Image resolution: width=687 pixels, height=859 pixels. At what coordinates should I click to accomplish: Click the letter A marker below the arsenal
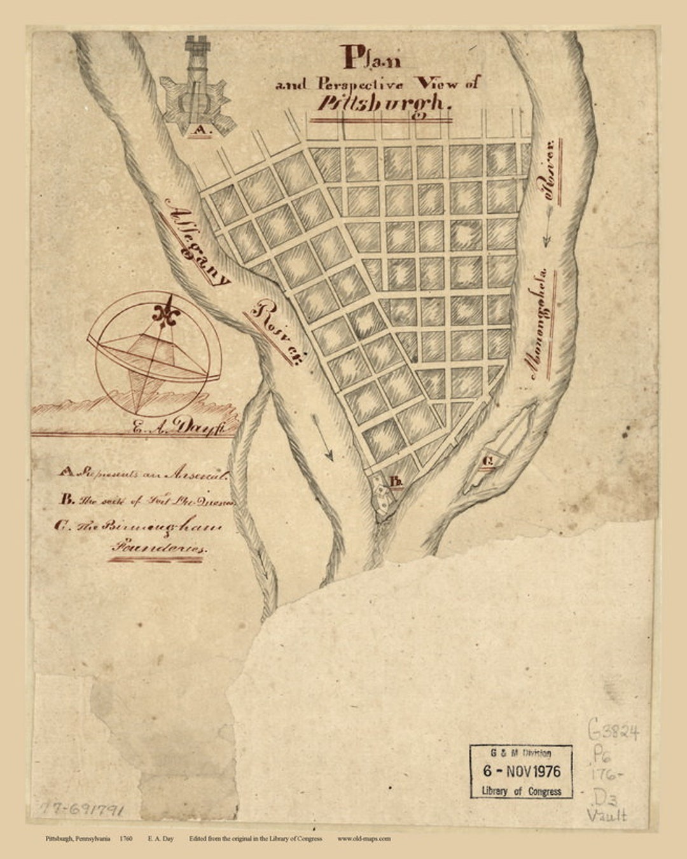click(201, 131)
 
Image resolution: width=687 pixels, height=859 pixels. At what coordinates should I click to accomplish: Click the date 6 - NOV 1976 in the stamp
click(521, 771)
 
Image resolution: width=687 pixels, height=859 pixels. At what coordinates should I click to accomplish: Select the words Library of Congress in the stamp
click(522, 791)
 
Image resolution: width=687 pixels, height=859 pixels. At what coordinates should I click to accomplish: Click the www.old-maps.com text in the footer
click(364, 839)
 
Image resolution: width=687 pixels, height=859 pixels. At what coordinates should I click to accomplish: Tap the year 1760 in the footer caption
click(125, 839)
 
